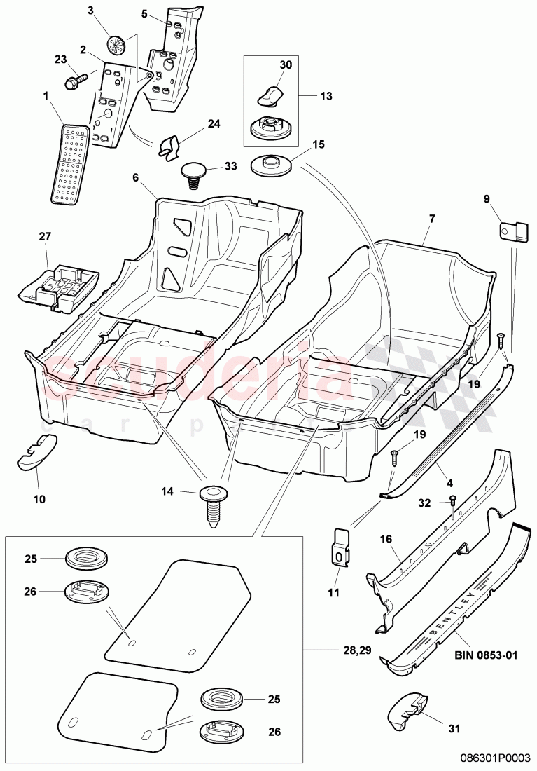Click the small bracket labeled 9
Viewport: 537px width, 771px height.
514,231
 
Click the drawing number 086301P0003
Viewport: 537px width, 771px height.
496,758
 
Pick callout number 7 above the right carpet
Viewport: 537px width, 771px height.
432,219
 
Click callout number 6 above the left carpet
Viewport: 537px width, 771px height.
134,178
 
